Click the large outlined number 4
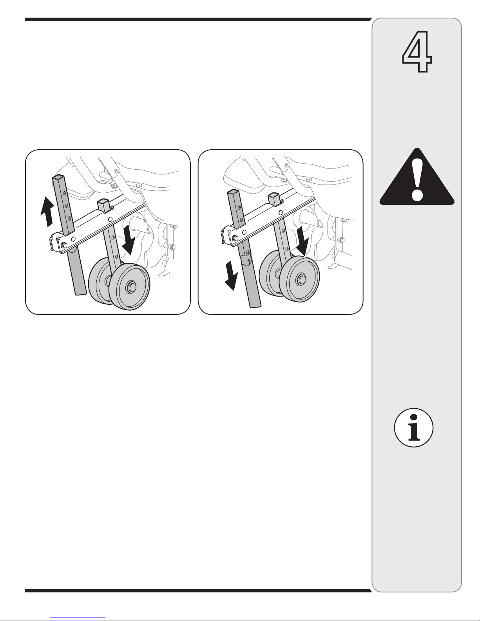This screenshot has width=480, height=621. (417, 51)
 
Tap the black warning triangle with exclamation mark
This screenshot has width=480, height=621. (417, 177)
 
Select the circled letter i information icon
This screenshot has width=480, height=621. (414, 427)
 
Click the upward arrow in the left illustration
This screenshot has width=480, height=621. (47, 212)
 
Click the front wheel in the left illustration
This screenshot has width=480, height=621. (130, 287)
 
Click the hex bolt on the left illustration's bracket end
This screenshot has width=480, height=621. (63, 244)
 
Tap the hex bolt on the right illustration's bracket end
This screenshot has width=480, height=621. (235, 238)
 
